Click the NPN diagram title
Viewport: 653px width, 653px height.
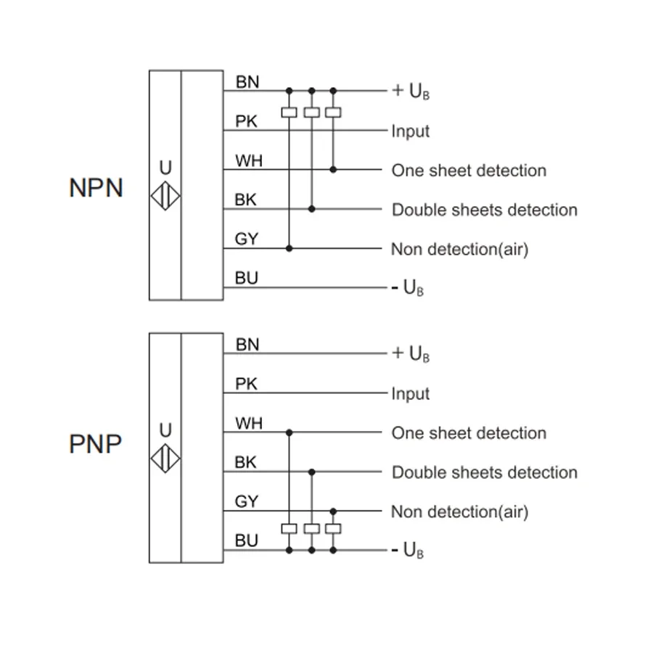coord(96,188)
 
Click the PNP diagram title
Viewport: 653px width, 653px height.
coord(95,443)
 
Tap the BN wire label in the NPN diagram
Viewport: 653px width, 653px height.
coord(247,82)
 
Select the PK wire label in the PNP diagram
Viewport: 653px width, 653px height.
coord(247,384)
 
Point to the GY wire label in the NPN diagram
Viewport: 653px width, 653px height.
coord(247,239)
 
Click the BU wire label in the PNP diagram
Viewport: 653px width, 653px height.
coord(247,541)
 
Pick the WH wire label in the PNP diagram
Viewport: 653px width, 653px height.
coord(248,423)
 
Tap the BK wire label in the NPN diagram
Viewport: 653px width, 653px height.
coord(246,200)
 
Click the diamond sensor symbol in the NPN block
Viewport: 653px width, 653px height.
coord(165,197)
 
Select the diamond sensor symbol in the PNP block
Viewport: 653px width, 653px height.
coord(165,459)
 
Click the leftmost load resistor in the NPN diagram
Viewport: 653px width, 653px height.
coord(289,112)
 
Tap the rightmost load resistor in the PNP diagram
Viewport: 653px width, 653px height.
coord(333,528)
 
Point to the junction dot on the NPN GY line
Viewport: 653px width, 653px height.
coord(289,248)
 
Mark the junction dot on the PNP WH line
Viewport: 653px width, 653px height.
coord(289,432)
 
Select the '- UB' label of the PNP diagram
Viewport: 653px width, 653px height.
coord(408,551)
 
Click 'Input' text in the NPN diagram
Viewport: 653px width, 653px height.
coord(411,131)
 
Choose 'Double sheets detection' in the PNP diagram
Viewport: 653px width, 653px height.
coord(485,472)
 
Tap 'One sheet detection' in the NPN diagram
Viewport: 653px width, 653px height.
coord(469,171)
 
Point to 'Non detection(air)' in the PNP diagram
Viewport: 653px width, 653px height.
coord(459,512)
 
